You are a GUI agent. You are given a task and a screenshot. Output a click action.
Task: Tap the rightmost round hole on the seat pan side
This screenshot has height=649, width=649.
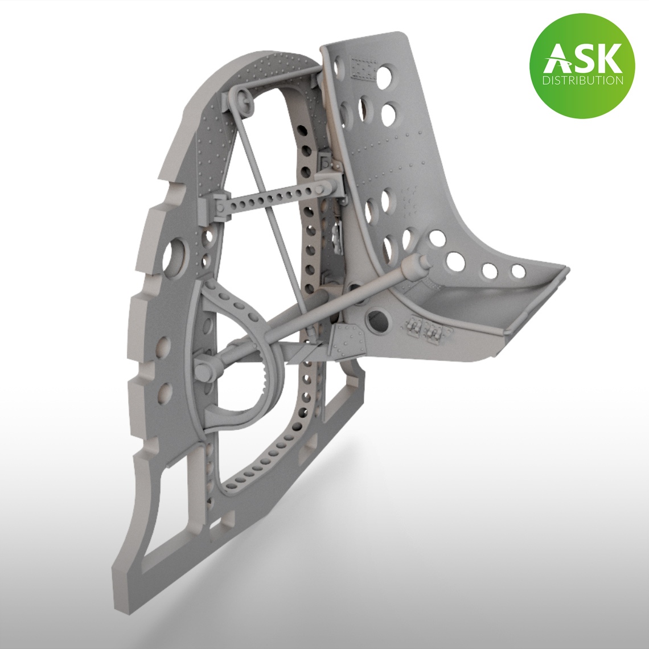(x=517, y=272)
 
